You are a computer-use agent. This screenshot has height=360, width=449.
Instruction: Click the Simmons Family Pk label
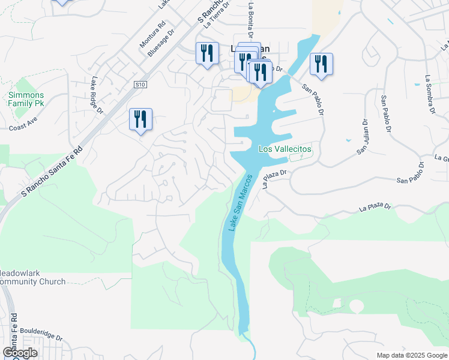[x=26, y=100]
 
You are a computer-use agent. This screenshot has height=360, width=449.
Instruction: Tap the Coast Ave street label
[x=23, y=127]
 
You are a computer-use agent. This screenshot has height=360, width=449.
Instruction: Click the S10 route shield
[x=140, y=85]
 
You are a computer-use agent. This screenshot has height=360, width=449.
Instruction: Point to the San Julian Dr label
[x=362, y=137]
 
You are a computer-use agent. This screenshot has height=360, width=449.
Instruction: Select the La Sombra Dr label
[x=429, y=94]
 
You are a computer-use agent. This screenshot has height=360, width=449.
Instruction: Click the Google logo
[x=20, y=352]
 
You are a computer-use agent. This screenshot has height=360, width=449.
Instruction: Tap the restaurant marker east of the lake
[x=321, y=64]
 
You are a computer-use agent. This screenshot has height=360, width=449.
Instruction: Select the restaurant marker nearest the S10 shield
[x=140, y=119]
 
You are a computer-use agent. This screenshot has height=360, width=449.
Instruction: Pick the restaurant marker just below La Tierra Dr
[x=207, y=53]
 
